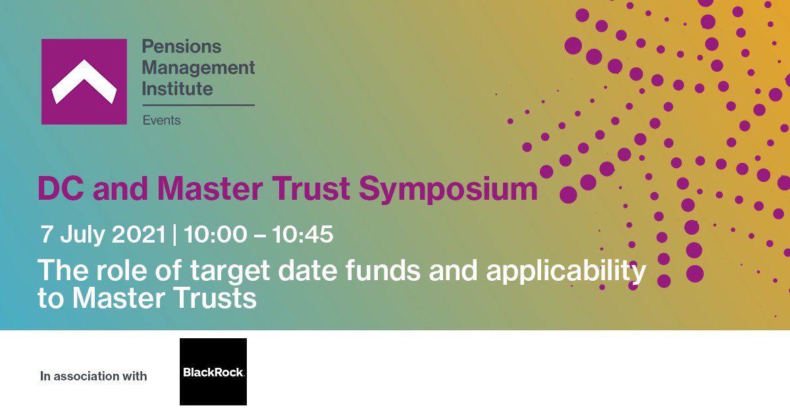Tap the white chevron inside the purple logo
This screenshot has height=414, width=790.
(x=84, y=82)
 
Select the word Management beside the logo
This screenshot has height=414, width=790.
(x=198, y=67)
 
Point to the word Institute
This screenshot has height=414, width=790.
(x=177, y=88)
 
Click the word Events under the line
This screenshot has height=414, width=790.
(x=161, y=120)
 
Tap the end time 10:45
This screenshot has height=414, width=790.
(x=302, y=234)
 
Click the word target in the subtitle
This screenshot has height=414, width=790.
(x=235, y=270)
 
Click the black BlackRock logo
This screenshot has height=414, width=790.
(x=213, y=372)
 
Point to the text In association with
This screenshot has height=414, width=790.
(x=93, y=376)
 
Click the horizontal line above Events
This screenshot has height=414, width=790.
(x=198, y=105)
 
